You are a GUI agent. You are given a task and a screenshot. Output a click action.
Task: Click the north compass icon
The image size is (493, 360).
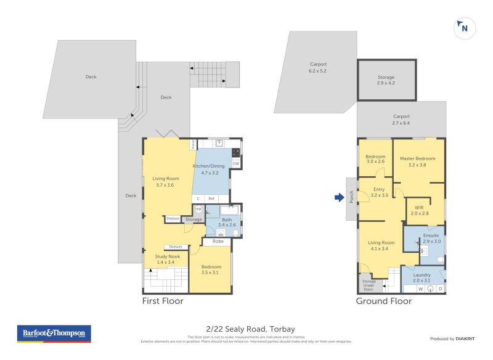(x=463, y=28)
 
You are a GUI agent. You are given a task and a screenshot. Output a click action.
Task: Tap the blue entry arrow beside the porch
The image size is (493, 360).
(x=339, y=197)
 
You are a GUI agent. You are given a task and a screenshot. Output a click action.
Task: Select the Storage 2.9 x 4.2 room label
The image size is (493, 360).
(x=386, y=80)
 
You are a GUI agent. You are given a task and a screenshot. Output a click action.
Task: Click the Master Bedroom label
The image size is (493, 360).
(x=417, y=162)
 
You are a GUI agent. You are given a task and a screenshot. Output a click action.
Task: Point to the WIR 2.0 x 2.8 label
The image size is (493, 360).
(x=419, y=210)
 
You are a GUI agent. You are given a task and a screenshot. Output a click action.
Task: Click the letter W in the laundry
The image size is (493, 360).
(x=421, y=288)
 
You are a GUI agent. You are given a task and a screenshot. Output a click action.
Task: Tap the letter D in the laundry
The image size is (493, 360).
(x=440, y=288)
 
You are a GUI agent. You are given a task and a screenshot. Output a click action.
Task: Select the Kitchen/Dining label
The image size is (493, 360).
(x=210, y=170)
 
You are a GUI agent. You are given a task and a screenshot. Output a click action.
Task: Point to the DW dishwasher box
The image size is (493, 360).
(x=236, y=163)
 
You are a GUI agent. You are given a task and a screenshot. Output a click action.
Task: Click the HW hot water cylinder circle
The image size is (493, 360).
(x=198, y=210)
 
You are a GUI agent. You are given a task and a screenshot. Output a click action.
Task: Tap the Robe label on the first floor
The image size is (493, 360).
(x=218, y=242)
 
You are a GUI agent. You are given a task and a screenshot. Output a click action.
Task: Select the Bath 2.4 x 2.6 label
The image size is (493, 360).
(x=227, y=223)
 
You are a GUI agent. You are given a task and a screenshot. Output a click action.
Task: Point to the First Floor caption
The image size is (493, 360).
(x=163, y=301)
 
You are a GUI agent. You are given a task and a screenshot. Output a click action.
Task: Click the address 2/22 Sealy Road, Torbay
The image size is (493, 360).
(x=246, y=329)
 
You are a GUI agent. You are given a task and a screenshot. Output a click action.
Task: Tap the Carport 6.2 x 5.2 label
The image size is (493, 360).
(x=318, y=67)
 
